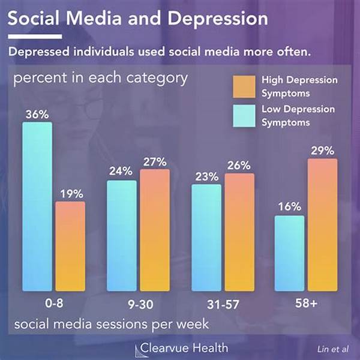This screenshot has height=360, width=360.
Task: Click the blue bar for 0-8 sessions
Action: [x=37, y=207]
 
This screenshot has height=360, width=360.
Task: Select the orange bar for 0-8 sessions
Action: [x=70, y=246]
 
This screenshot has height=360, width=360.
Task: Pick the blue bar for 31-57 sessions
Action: [x=206, y=238]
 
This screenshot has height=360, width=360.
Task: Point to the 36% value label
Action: [x=37, y=113]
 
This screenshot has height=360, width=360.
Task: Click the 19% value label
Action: [x=71, y=193]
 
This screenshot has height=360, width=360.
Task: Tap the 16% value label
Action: [x=289, y=207]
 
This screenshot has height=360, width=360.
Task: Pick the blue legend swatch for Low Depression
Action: [x=245, y=115]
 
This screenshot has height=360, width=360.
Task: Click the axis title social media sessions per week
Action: [x=112, y=325]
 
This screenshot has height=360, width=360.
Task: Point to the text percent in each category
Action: [x=101, y=79]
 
